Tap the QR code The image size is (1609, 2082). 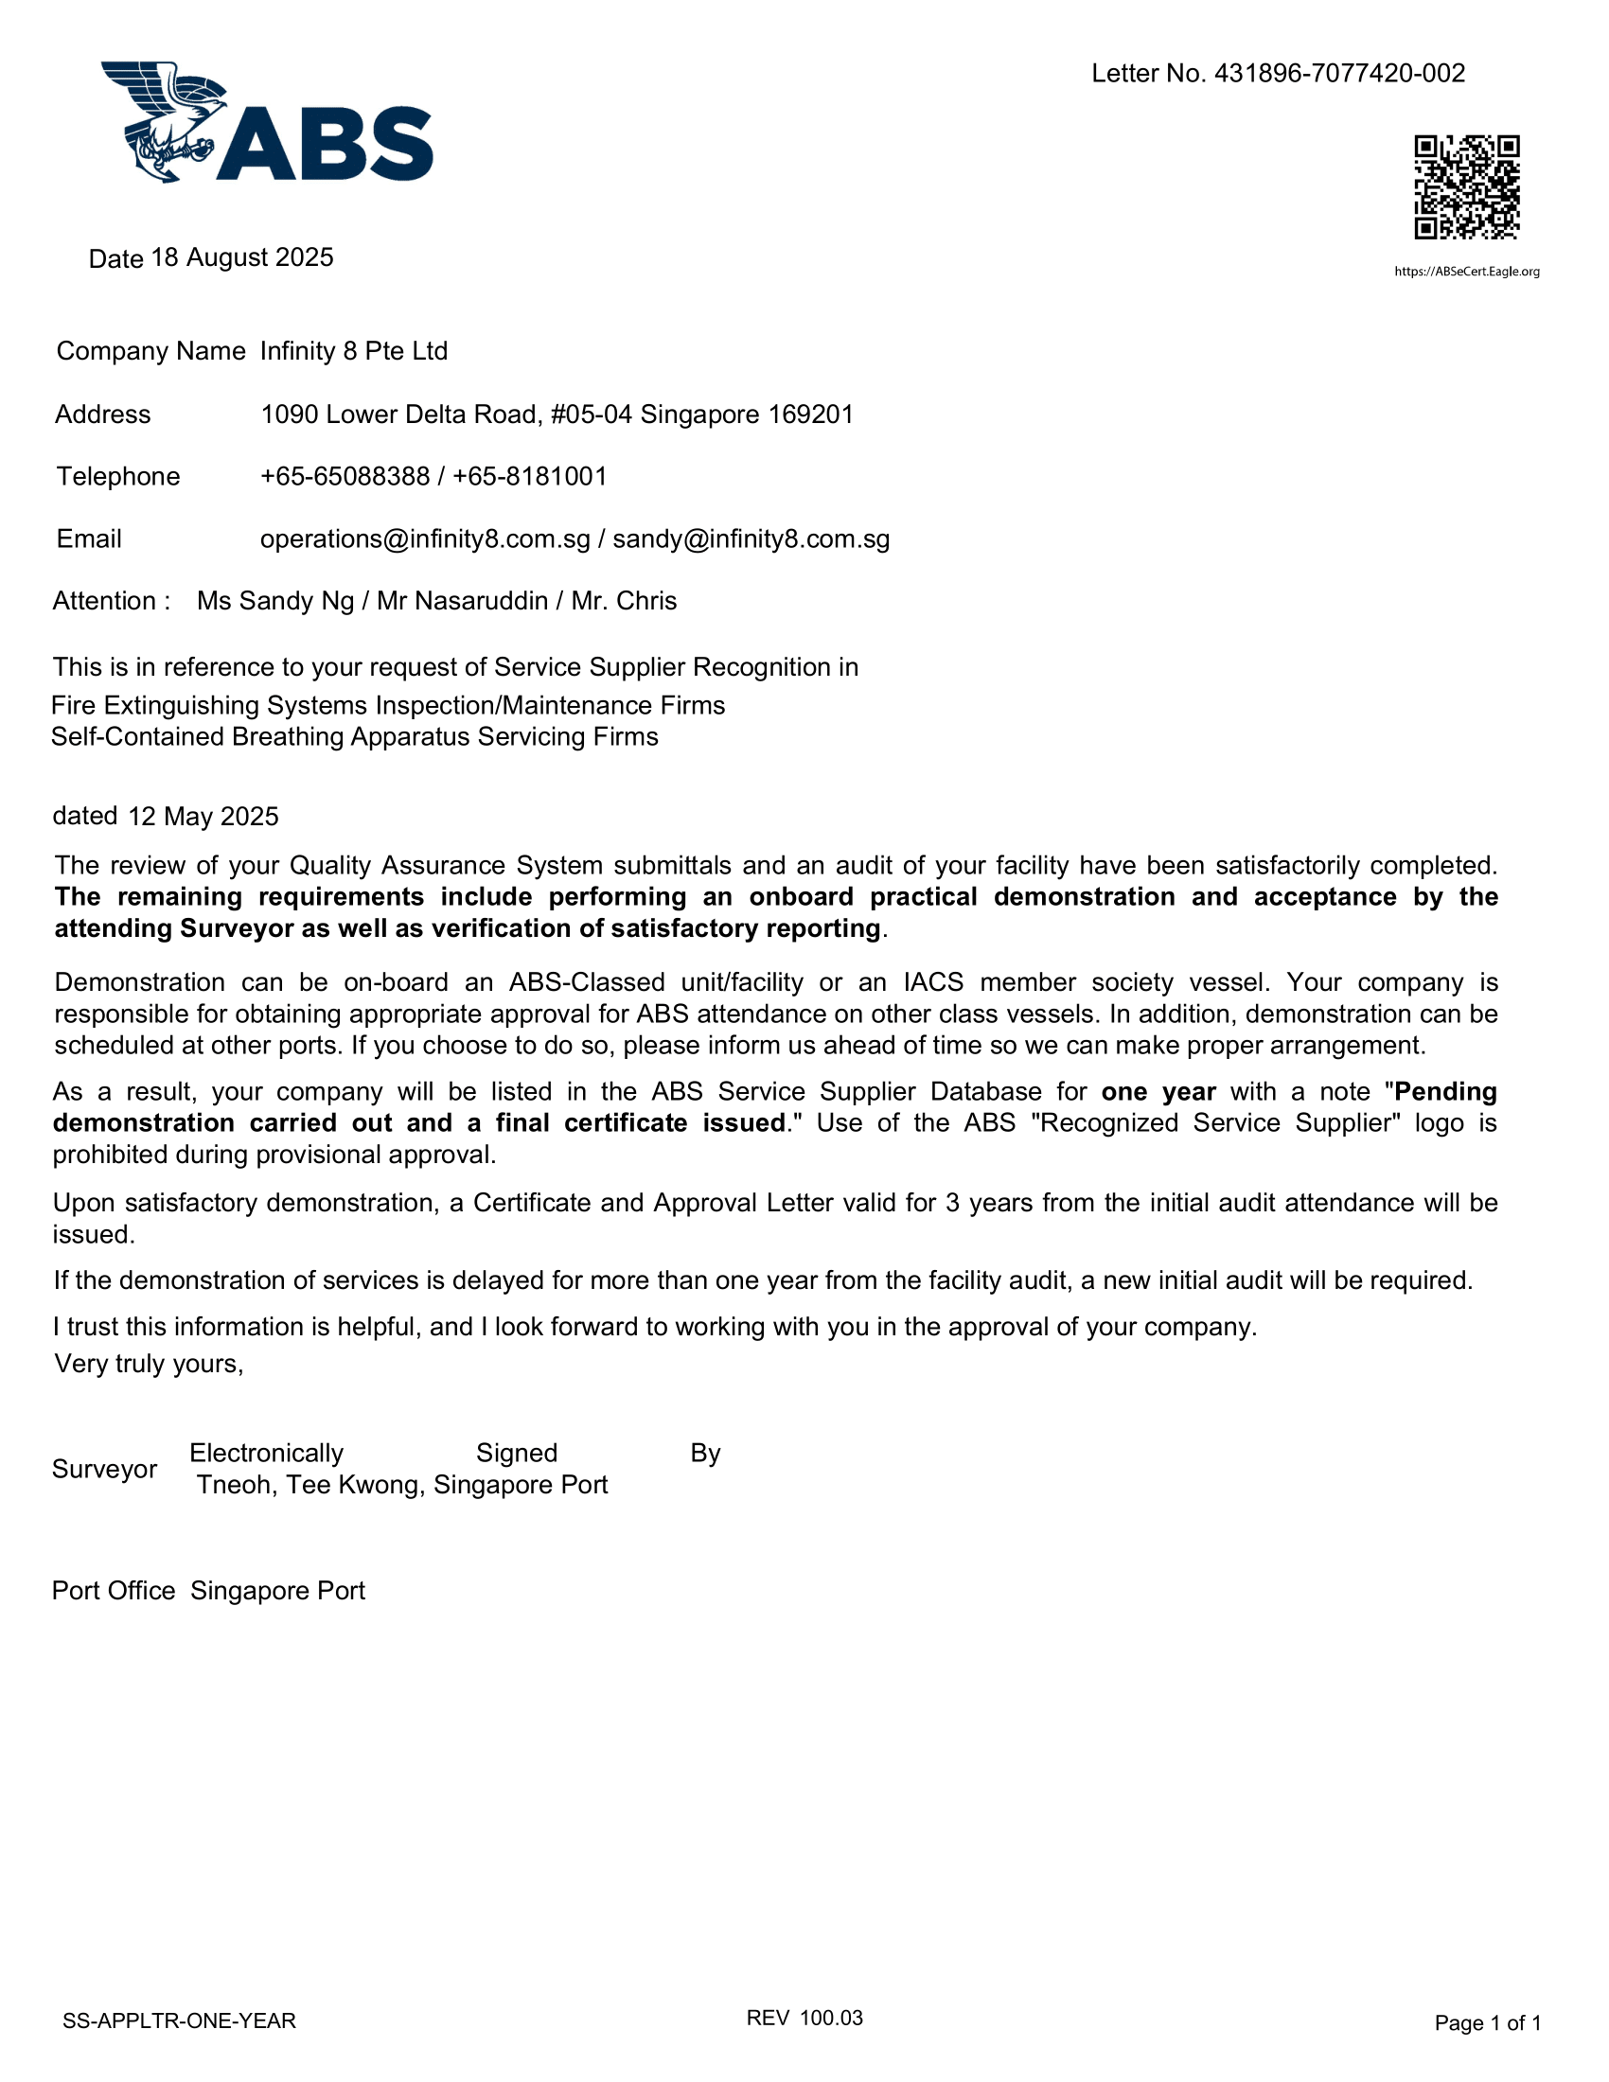(x=1466, y=186)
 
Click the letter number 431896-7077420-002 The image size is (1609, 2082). (x=1339, y=74)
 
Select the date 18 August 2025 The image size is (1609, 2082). (x=242, y=258)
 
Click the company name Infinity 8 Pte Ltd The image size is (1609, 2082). (x=354, y=352)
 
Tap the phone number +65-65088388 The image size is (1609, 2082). (x=345, y=477)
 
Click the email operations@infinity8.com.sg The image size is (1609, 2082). (x=425, y=539)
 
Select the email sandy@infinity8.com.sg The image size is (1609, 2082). (x=751, y=539)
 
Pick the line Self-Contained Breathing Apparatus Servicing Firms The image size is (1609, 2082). (x=355, y=737)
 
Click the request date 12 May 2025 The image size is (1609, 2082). (x=203, y=817)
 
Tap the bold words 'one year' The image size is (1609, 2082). (x=1158, y=1091)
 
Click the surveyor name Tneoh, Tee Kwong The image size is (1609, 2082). (x=309, y=1485)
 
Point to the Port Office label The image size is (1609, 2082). (x=114, y=1591)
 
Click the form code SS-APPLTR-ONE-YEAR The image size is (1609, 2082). (x=179, y=2021)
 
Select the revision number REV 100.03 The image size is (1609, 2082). (x=804, y=2019)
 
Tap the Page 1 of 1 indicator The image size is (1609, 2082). (x=1487, y=2023)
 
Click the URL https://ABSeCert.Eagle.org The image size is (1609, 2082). (x=1467, y=272)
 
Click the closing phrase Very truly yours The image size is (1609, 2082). (x=150, y=1364)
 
